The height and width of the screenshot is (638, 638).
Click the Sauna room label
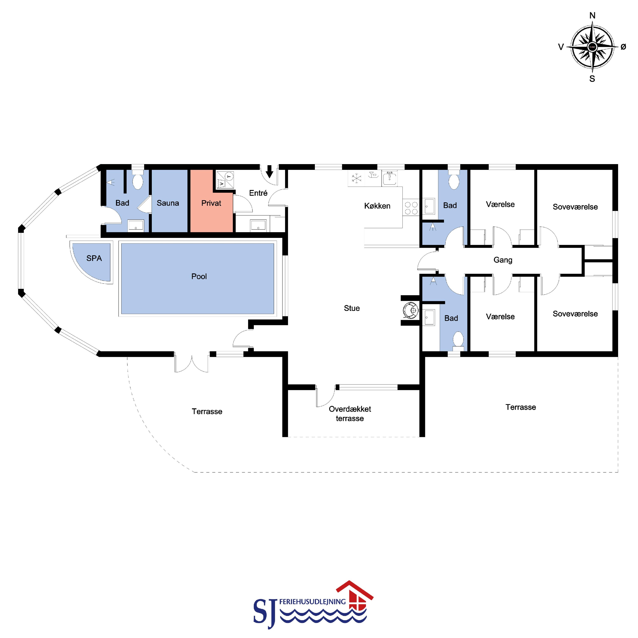(x=168, y=203)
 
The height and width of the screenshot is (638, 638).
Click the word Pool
(x=199, y=276)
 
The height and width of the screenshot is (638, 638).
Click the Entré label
(x=258, y=193)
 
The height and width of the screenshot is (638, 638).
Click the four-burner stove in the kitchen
(x=411, y=208)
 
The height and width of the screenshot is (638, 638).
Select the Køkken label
(x=377, y=206)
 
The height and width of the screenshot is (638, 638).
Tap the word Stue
(x=352, y=308)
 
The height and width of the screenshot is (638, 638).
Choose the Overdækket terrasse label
(x=350, y=414)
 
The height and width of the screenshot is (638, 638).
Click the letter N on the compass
(x=592, y=15)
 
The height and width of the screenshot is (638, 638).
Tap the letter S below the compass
(x=592, y=79)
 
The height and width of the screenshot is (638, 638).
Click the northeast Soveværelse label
(x=575, y=207)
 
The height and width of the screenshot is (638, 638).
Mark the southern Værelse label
(x=500, y=317)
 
